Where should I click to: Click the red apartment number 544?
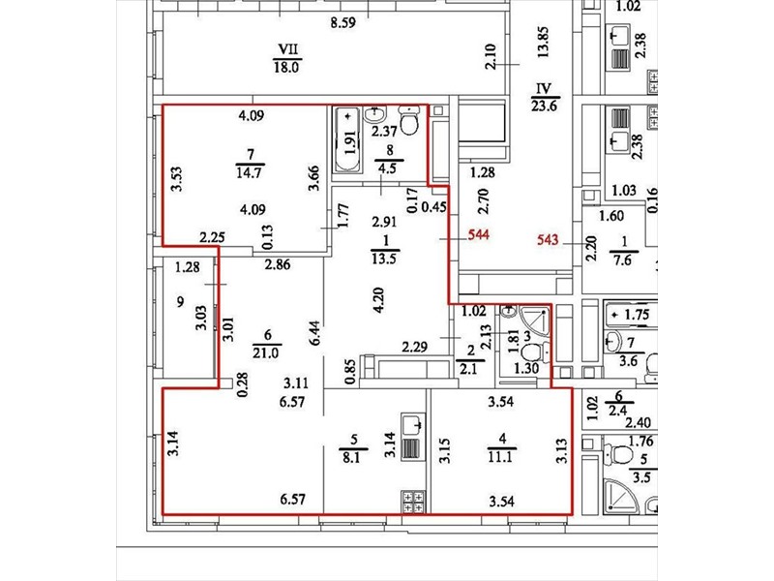[478, 234]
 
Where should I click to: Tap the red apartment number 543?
[548, 239]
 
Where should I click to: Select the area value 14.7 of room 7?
[250, 172]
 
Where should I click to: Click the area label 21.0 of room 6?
[265, 352]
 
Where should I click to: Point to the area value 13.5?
[383, 258]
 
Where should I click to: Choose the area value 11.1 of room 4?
[500, 456]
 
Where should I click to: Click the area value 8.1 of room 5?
[350, 457]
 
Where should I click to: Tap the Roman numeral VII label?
[288, 49]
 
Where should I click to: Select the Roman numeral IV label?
[544, 89]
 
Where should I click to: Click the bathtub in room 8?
[348, 140]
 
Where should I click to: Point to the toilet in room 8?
[409, 120]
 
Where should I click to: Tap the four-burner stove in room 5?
[413, 502]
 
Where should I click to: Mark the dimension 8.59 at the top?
[343, 22]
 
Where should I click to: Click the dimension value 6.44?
[316, 334]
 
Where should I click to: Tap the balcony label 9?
[180, 301]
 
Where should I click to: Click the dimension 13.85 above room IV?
[543, 43]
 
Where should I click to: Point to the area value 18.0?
[286, 67]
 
